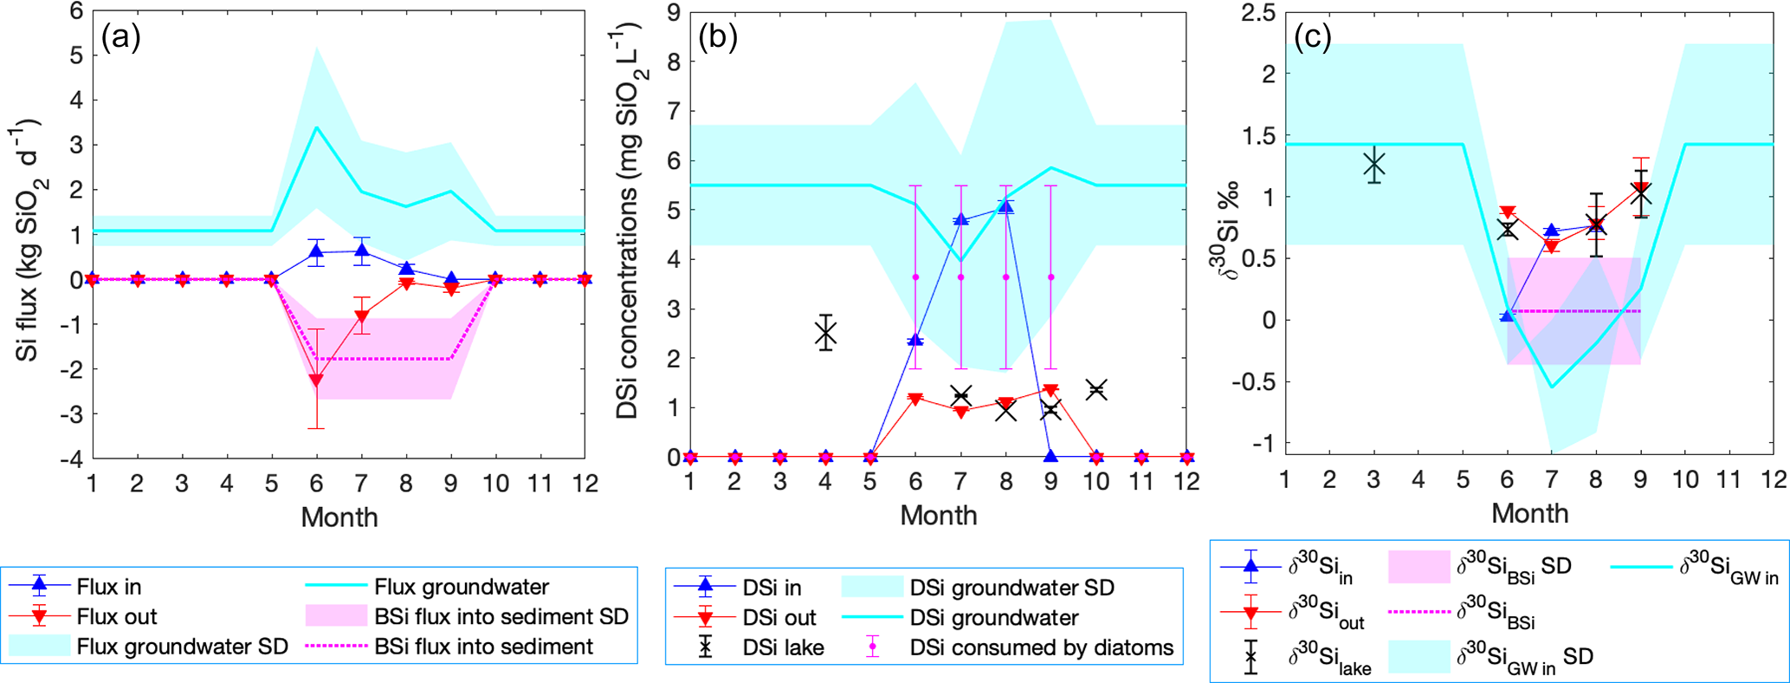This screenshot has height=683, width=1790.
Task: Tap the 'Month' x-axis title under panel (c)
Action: tap(1530, 513)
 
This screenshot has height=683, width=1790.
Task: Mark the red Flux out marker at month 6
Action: tap(316, 380)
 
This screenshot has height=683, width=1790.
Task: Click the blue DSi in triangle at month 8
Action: tap(1006, 206)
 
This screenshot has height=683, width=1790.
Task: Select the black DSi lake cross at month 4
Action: tap(825, 333)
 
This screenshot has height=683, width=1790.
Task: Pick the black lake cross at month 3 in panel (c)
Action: tap(1374, 165)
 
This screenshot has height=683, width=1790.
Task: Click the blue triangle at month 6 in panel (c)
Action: tap(1507, 315)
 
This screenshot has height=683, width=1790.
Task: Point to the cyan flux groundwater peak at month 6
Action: tap(316, 127)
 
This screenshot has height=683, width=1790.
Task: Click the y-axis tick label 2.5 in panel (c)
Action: tap(1258, 12)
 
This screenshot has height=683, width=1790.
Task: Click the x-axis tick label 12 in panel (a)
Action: tap(585, 484)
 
